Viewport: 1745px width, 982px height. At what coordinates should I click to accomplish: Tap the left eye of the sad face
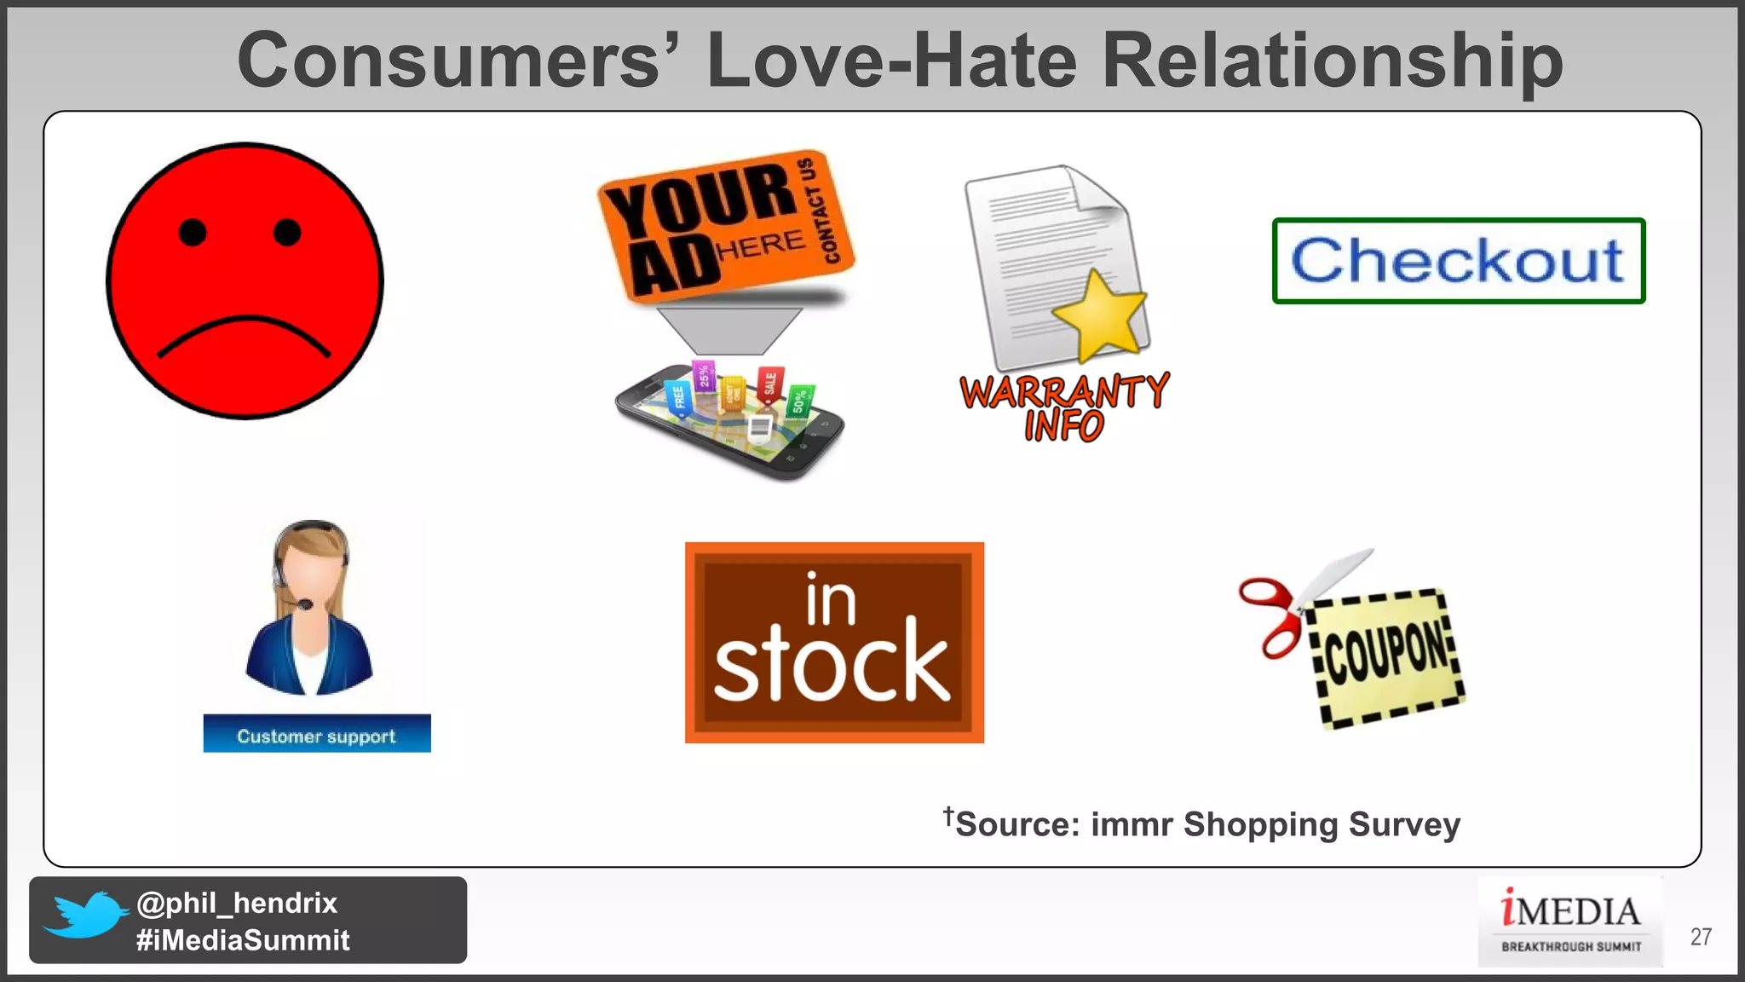point(193,232)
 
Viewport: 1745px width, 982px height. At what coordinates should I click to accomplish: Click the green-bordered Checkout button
point(1458,261)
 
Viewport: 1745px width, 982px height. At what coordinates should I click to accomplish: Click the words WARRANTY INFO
point(1064,407)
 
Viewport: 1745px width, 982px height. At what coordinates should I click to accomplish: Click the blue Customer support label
point(317,734)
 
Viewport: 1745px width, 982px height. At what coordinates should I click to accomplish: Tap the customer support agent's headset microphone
point(304,605)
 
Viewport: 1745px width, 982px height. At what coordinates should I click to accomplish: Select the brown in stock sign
point(834,643)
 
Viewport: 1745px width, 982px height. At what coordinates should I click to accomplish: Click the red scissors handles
point(1270,615)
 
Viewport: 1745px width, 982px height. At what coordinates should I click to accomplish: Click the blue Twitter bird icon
point(85,914)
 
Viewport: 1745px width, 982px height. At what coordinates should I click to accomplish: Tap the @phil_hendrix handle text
point(237,903)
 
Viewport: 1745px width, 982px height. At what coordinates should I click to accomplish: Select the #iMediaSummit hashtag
point(243,940)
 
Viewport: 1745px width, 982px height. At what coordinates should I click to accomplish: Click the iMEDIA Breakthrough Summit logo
point(1570,921)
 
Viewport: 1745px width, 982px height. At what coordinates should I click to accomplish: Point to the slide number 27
point(1701,937)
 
